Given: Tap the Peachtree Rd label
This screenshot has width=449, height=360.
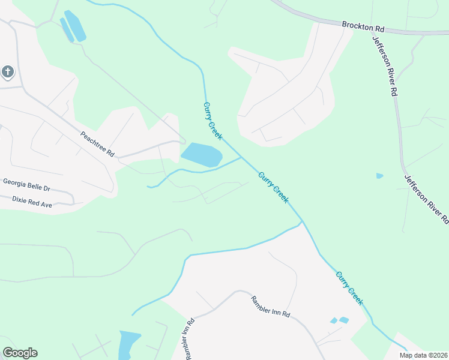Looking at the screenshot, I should point(97,145).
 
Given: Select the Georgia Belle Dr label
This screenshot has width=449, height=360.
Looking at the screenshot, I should point(26,184).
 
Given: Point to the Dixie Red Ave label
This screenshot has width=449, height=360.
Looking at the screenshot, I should point(28,200).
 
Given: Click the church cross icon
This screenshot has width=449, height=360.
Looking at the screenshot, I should point(7,73).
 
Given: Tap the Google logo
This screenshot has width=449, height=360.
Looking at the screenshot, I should point(20,353).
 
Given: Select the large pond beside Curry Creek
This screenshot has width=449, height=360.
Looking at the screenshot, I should point(202,155).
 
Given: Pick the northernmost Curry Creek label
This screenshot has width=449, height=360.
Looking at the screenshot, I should point(212,121).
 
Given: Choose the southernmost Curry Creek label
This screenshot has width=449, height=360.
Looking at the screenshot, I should point(349,288).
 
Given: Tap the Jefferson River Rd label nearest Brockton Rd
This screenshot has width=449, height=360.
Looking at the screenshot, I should point(385,65).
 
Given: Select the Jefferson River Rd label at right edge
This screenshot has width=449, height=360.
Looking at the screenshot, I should point(427,200).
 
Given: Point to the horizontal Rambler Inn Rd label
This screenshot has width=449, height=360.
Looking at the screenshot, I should point(271,306).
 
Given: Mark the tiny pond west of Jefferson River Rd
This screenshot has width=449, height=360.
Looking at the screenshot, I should point(379,176).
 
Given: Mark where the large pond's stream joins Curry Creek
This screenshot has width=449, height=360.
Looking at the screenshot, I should point(242,158).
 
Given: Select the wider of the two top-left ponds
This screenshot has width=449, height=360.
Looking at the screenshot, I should point(75,26).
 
